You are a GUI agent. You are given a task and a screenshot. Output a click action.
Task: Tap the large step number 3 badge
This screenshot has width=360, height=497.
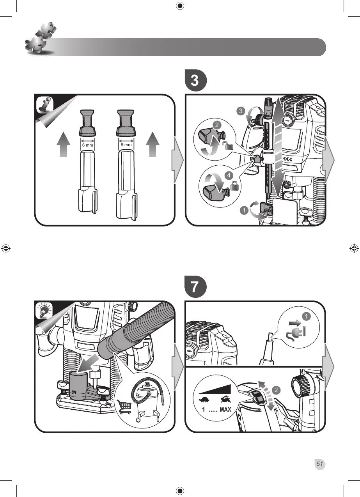pyautogui.click(x=195, y=81)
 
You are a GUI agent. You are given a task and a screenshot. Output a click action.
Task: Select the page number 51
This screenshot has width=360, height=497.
pyautogui.click(x=320, y=464)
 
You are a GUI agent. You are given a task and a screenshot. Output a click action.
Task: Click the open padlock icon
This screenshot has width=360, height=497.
pyautogui.click(x=229, y=146)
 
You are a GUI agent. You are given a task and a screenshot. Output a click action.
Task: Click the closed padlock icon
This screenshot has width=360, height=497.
pyautogui.click(x=235, y=186)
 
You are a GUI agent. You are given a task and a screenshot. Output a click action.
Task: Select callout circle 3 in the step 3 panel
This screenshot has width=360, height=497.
pyautogui.click(x=241, y=111)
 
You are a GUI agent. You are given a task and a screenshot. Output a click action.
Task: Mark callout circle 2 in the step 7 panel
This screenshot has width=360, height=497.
pyautogui.click(x=277, y=389)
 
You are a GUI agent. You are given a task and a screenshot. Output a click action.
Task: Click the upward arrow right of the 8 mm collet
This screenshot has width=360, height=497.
pyautogui.click(x=153, y=145)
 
